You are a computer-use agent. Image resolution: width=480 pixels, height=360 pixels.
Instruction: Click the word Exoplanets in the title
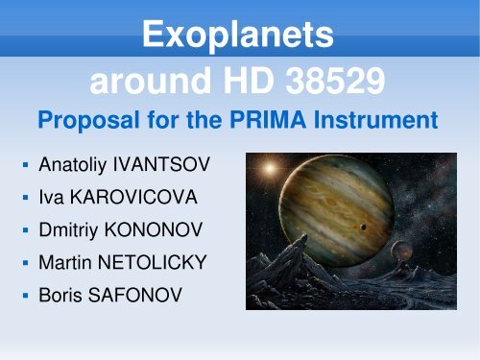point(239,37)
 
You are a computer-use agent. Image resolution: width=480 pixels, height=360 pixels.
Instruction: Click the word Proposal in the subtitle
point(79,124)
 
